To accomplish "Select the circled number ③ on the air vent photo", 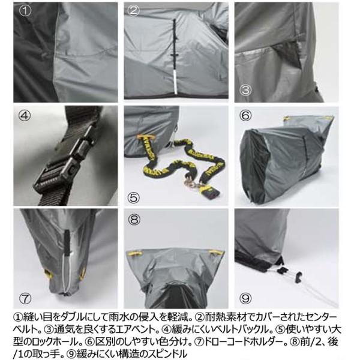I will [x=244, y=90].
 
